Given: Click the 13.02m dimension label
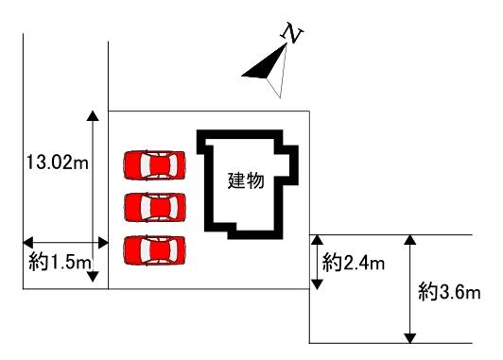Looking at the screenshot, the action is click(57, 162).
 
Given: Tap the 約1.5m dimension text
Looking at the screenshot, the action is click(60, 263).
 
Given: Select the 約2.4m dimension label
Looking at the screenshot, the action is click(354, 264).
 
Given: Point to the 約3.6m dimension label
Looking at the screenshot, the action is click(449, 292).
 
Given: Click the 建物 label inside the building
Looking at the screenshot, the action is click(246, 180).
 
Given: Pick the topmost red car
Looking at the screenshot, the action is click(155, 164).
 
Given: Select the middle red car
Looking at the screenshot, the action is click(155, 208).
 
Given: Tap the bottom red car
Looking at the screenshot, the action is click(155, 250).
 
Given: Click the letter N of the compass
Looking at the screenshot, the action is click(292, 33).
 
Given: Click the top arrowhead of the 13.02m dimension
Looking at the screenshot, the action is click(93, 115).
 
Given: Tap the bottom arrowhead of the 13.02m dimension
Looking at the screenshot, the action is click(93, 277).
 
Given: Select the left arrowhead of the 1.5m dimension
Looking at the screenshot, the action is click(28, 242).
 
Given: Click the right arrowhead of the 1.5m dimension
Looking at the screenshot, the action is click(103, 242).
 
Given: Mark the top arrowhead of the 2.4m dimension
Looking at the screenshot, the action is click(317, 240).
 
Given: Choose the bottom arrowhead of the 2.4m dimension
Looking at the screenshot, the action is click(317, 284).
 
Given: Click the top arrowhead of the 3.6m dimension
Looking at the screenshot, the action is click(410, 240).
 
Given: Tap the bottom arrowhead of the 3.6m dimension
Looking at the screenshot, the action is click(410, 338).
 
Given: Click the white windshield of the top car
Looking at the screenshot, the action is click(145, 164).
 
